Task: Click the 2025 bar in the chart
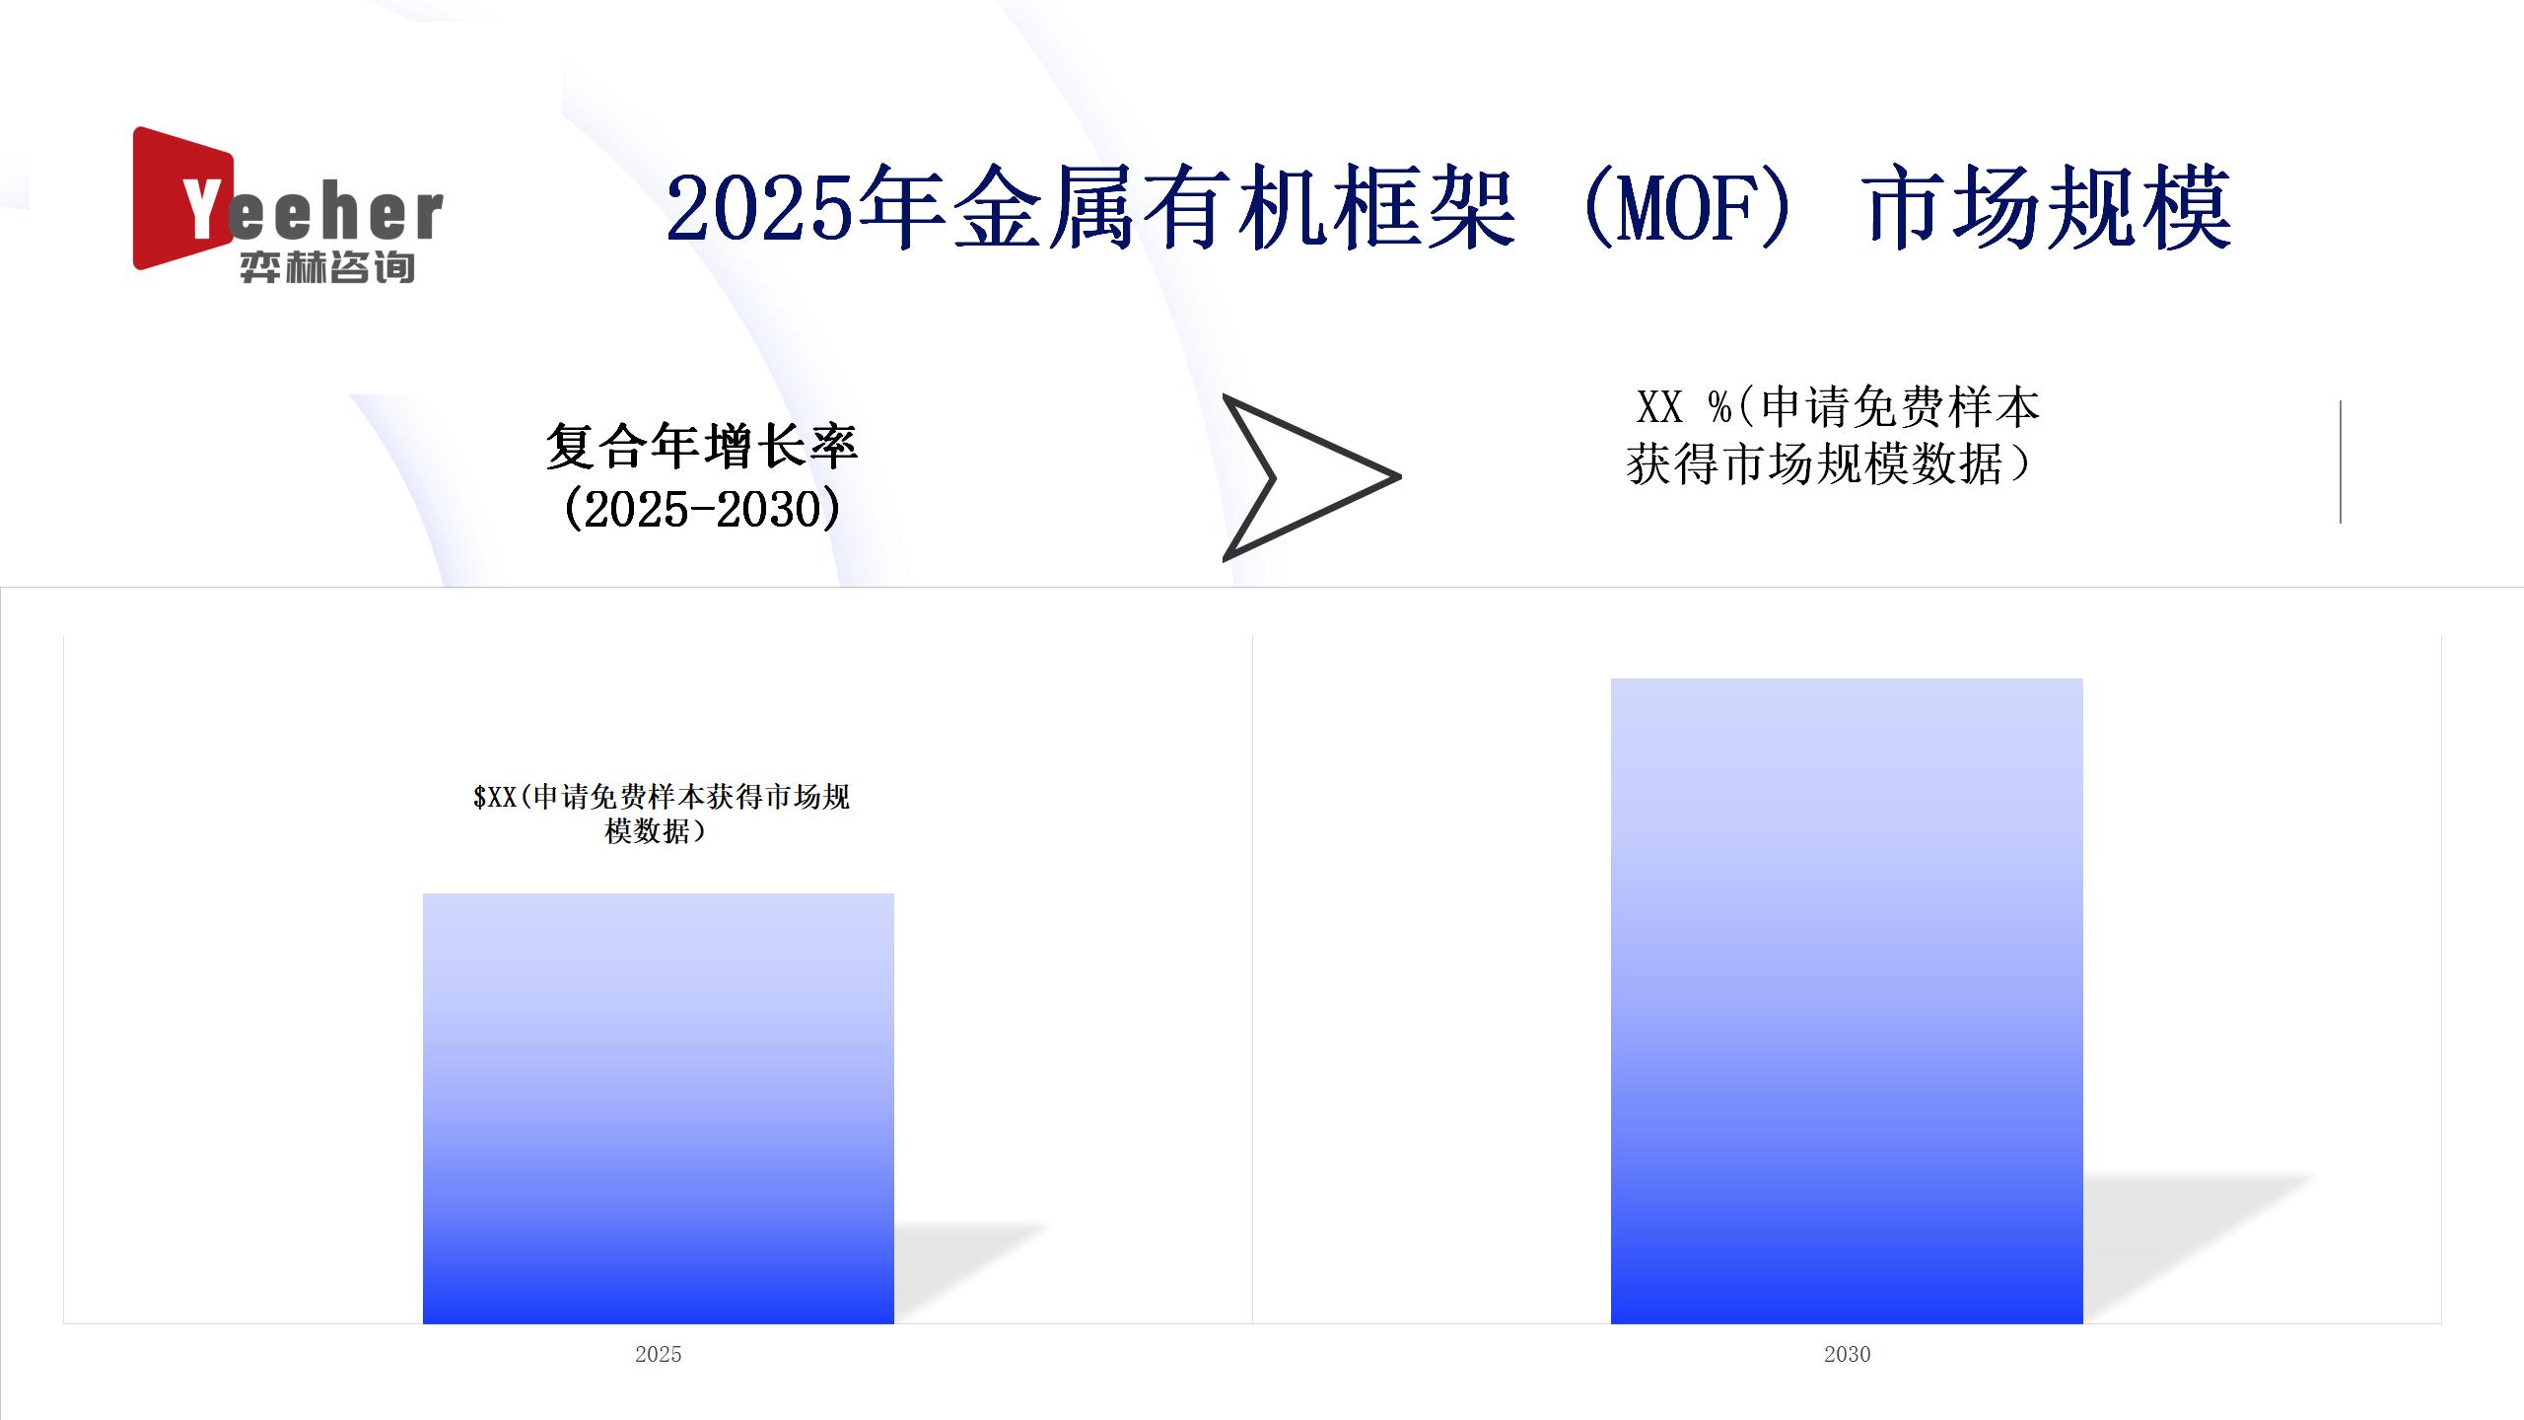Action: [x=659, y=1108]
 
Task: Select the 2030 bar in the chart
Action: [x=1847, y=1001]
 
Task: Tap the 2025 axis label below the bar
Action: [x=659, y=1354]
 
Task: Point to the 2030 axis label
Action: [x=1847, y=1354]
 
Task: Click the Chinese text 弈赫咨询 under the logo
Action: [x=327, y=267]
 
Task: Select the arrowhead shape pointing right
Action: [x=1311, y=477]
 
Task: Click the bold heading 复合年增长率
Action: [x=702, y=447]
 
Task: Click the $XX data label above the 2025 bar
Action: [x=661, y=814]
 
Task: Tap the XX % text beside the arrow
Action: [x=1682, y=407]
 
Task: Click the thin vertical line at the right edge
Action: [x=2340, y=461]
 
